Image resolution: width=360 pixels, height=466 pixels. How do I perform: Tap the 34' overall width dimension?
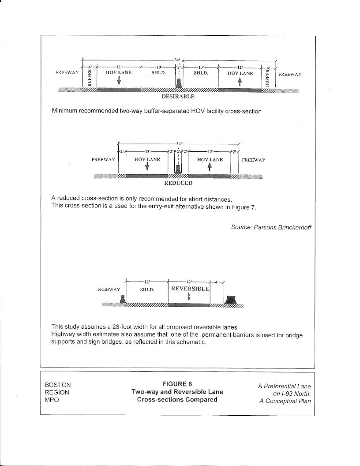[x=178, y=143]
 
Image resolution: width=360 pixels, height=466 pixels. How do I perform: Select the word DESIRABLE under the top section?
[x=178, y=97]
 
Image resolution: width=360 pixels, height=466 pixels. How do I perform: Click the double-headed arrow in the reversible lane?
[x=189, y=297]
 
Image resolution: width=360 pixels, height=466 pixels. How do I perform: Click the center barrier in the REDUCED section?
[x=178, y=170]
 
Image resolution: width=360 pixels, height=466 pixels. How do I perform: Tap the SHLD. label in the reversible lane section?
[x=146, y=290]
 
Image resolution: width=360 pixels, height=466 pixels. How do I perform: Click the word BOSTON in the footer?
[x=58, y=385]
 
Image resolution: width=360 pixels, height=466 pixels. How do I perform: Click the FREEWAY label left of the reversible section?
[x=109, y=289]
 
